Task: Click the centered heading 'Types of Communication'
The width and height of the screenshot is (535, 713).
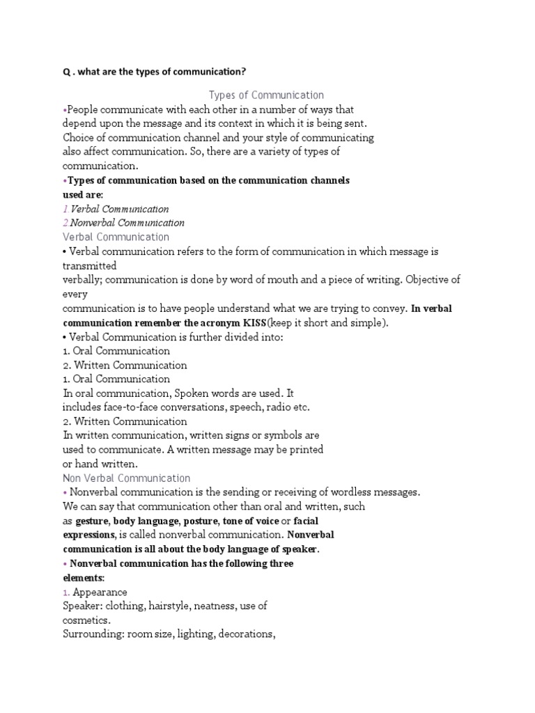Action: [x=266, y=95]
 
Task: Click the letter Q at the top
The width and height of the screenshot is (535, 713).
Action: [x=66, y=72]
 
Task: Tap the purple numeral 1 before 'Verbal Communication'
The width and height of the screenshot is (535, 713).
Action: [x=65, y=209]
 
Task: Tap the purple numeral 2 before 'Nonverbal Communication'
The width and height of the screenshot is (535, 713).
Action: [x=65, y=223]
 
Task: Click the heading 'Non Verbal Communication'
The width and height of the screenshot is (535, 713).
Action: [x=126, y=478]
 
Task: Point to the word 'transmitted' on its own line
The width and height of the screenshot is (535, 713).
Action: [x=89, y=265]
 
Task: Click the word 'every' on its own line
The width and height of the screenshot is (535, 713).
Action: [x=74, y=294]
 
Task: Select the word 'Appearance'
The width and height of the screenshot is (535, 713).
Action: [x=100, y=592]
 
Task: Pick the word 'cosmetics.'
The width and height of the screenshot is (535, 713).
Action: [x=87, y=620]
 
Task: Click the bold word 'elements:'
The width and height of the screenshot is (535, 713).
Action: [x=83, y=578]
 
